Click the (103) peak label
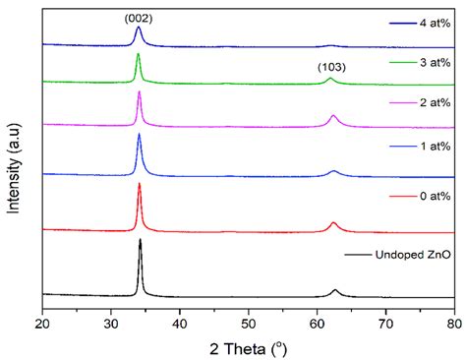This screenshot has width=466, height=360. pyautogui.click(x=330, y=67)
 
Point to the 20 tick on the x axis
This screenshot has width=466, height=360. pyautogui.click(x=42, y=321)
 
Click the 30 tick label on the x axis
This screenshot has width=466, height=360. pyautogui.click(x=111, y=321)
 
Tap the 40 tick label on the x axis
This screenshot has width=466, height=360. pyautogui.click(x=180, y=321)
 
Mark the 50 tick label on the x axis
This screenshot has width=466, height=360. pyautogui.click(x=248, y=321)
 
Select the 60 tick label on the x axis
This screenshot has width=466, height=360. pyautogui.click(x=317, y=321)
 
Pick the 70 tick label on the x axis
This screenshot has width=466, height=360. pyautogui.click(x=385, y=321)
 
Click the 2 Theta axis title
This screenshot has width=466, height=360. pyautogui.click(x=247, y=345)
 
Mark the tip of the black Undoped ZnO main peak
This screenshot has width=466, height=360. pyautogui.click(x=141, y=240)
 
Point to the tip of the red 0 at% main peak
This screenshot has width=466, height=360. pyautogui.click(x=140, y=184)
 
